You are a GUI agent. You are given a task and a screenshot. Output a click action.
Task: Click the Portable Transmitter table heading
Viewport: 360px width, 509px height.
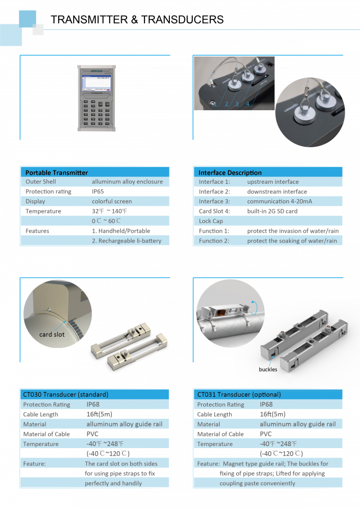(x=57, y=172)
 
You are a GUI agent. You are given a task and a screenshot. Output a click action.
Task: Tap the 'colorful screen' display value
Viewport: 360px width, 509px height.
(x=112, y=201)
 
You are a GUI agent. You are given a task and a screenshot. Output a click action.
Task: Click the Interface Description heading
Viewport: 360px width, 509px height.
(x=230, y=172)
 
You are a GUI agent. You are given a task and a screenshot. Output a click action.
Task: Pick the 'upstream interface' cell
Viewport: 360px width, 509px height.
(x=273, y=182)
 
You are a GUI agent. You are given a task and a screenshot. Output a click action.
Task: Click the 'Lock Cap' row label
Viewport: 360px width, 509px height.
(x=211, y=221)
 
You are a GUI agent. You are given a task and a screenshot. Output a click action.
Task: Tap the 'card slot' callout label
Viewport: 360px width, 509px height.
(x=52, y=335)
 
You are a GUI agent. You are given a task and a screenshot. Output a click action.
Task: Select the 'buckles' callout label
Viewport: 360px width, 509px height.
(x=267, y=369)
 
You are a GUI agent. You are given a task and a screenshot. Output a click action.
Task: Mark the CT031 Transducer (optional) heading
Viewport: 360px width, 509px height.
(x=239, y=395)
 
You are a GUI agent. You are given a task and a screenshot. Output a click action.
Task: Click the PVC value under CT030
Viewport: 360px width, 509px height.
(x=93, y=434)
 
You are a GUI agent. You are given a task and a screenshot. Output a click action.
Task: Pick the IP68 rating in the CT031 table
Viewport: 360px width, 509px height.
(x=267, y=405)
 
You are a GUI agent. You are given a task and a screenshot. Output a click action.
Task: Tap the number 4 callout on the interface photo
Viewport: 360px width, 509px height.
(x=248, y=104)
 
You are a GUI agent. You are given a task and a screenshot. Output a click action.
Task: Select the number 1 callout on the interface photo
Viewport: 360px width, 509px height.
(x=215, y=104)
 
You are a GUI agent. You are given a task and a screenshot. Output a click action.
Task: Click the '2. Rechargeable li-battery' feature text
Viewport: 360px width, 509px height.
(x=127, y=240)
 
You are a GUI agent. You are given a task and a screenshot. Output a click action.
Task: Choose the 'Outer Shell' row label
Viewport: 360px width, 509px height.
(x=37, y=182)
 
